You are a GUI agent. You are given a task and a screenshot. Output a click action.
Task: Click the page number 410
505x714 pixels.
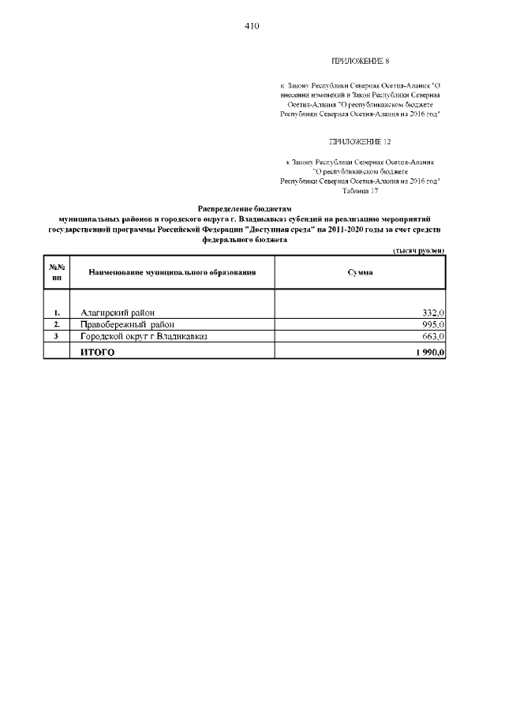tap(252, 26)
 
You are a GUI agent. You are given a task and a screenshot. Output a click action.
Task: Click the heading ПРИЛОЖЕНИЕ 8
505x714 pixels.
tap(360, 61)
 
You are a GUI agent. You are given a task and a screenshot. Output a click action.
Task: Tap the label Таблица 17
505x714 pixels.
tap(361, 190)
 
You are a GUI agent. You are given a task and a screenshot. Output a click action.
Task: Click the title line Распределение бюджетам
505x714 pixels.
tap(244, 207)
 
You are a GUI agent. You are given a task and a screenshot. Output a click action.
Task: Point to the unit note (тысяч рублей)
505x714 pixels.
tap(418, 250)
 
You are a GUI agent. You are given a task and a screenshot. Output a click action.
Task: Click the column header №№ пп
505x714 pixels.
tap(57, 272)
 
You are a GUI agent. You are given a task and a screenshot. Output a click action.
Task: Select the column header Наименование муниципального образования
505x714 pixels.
tap(172, 272)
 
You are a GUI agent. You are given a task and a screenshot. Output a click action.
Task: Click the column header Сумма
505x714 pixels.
tap(361, 272)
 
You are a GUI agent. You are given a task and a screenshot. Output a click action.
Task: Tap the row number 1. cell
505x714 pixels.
tap(57, 313)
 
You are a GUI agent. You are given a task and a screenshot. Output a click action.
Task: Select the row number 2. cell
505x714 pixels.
tap(57, 324)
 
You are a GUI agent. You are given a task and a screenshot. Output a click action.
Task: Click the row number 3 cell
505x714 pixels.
tap(57, 336)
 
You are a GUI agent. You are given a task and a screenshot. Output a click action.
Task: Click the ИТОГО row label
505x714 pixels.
tap(98, 352)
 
